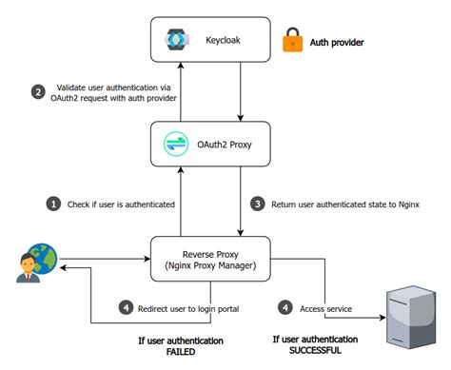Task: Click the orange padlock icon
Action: point(291,42)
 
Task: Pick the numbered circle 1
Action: point(53,204)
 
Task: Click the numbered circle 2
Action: point(38,92)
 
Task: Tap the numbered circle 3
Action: point(257,204)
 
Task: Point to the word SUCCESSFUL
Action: point(318,354)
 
